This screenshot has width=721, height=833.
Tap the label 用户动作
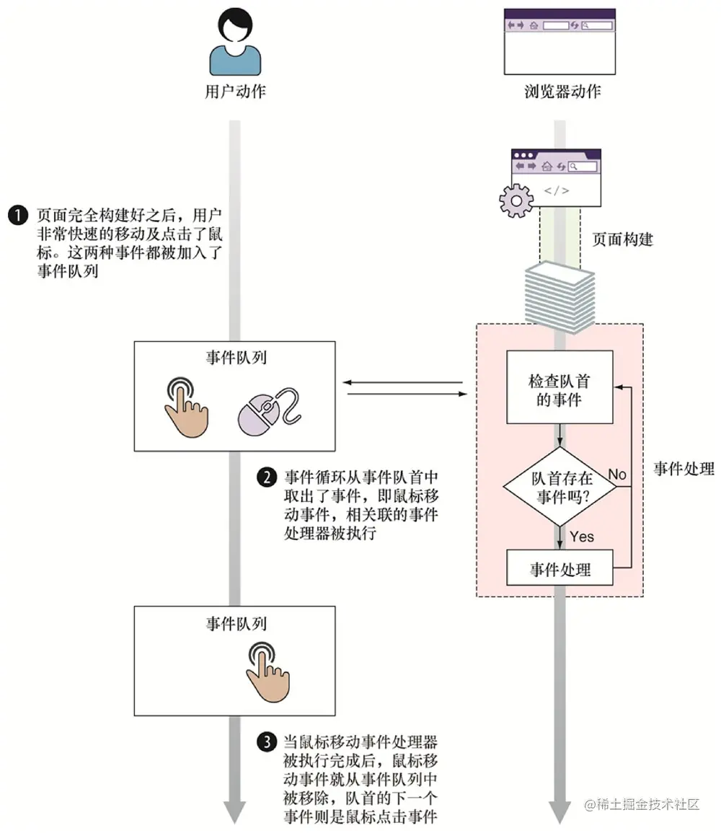234,92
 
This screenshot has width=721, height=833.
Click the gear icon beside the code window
516,200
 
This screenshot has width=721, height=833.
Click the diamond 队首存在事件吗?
559,487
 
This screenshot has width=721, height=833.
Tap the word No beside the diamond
618,474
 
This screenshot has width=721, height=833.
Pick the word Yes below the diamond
582,537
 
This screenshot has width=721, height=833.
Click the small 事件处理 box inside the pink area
559,569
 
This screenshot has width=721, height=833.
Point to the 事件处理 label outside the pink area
683,469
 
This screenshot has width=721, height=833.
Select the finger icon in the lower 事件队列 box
267,672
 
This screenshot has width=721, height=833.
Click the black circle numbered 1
16,215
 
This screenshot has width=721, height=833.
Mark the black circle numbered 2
267,477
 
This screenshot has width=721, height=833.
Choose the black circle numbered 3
267,741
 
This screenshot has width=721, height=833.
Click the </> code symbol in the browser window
556,190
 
